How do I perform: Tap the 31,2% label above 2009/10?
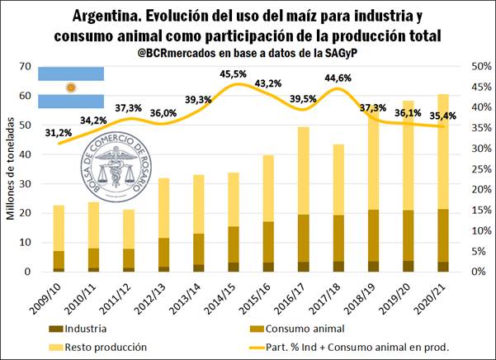click(56, 133)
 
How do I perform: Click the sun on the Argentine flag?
click(71, 88)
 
